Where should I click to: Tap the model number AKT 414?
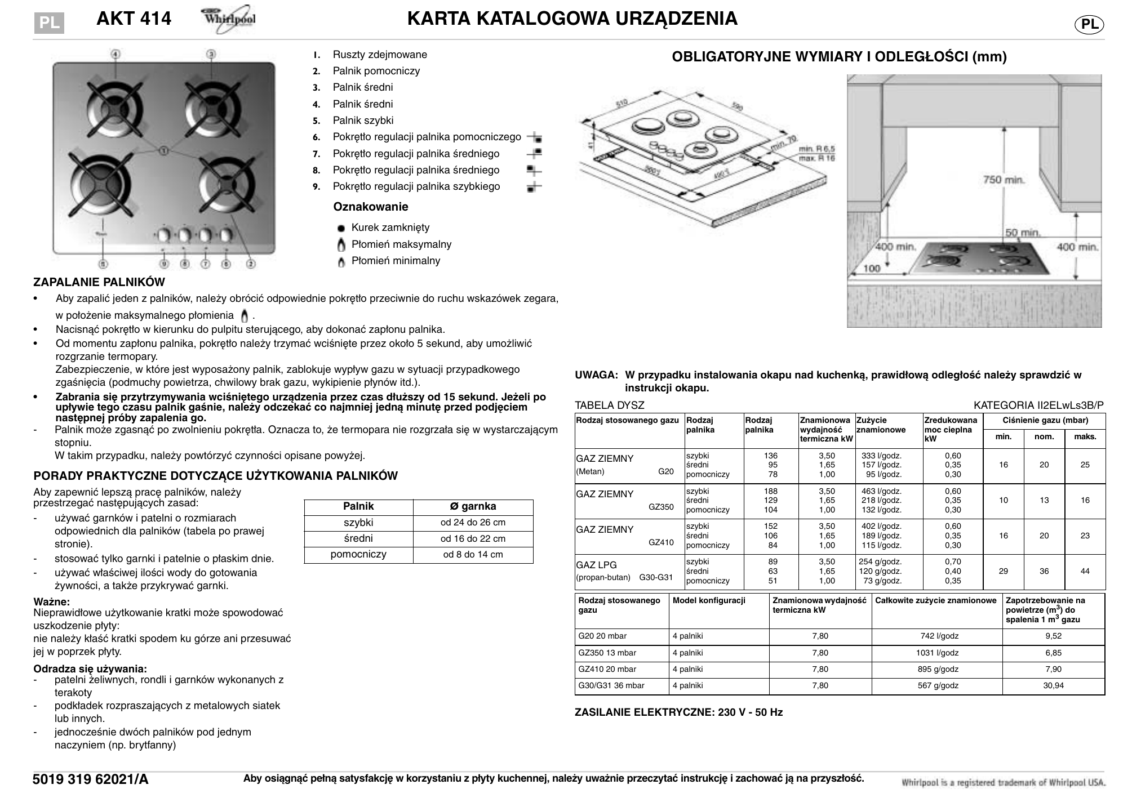[x=134, y=19]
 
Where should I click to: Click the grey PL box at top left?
[x=49, y=23]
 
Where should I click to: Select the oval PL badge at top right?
[x=1089, y=24]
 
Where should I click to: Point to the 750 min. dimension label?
[x=1004, y=180]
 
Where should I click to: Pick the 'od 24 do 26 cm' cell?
[x=473, y=523]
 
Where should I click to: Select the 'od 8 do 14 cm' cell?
[x=473, y=555]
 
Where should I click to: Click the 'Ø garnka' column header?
[x=473, y=506]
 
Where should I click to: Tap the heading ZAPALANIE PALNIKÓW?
[x=99, y=282]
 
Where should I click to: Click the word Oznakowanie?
[x=370, y=207]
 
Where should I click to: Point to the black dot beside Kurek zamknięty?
[x=341, y=229]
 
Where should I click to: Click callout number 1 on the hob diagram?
[x=163, y=150]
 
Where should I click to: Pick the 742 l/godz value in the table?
[x=936, y=636]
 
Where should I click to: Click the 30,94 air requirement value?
[x=1053, y=686]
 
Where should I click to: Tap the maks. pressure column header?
[x=1085, y=436]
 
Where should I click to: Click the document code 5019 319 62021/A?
[x=91, y=779]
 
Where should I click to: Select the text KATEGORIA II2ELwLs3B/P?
[x=1038, y=405]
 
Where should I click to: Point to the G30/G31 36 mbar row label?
[x=611, y=686]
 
